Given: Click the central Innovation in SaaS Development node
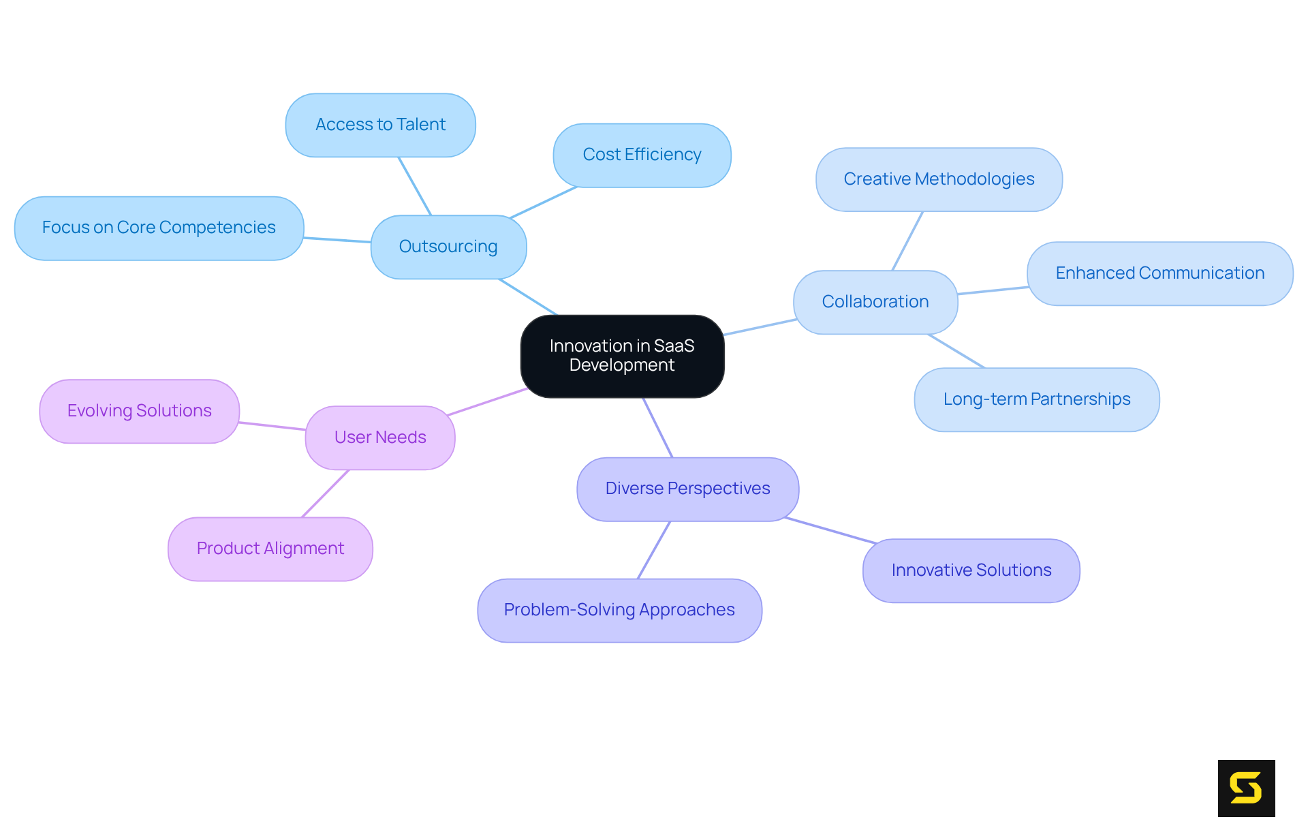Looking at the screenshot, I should tap(622, 356).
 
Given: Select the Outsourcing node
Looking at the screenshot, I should tap(448, 247).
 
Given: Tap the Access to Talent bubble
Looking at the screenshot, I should tap(380, 125).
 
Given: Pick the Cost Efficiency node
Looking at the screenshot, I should tap(642, 155).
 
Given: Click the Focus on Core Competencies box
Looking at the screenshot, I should tap(159, 228).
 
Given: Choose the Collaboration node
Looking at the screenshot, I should tap(875, 302).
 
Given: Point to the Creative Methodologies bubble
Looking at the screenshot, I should tap(939, 179).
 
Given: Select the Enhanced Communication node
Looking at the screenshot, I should tap(1159, 273).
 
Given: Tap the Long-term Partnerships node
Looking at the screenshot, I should tap(1036, 399).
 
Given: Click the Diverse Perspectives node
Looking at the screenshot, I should tap(687, 489).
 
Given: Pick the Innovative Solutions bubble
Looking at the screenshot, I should tap(971, 570).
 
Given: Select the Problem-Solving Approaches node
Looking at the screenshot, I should tap(619, 610).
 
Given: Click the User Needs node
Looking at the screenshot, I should tap(380, 438).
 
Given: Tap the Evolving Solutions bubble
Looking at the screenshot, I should tap(140, 411).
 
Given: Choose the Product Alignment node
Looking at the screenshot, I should tap(270, 549).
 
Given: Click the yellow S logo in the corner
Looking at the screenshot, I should tap(1246, 788).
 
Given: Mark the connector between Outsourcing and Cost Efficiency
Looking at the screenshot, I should tap(544, 202).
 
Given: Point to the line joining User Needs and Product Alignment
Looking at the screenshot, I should tap(325, 493).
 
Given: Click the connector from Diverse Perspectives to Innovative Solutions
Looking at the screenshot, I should tap(831, 531).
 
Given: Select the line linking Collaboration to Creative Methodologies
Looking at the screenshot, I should tap(907, 241).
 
